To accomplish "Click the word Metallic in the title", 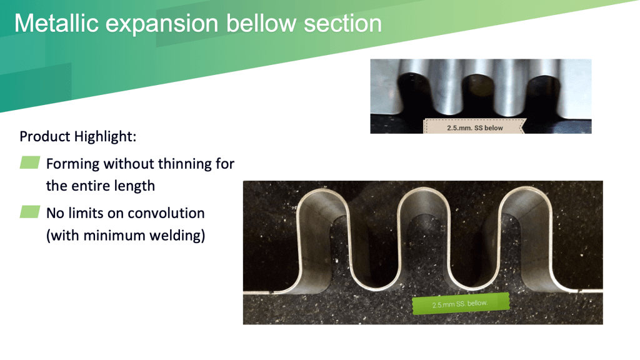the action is pos(56,23).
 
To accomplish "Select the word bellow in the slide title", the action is pos(261,23).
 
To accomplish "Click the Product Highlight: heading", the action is pos(78,136).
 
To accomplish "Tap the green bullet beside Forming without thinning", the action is pos(30,162).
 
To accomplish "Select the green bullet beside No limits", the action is pos(30,212).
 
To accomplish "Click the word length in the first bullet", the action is pos(134,186).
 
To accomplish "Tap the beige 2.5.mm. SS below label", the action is pos(475,126).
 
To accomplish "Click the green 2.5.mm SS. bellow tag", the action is pos(461,304).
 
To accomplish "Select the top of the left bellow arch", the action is pos(323,190).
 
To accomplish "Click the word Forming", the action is pos(72,164).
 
